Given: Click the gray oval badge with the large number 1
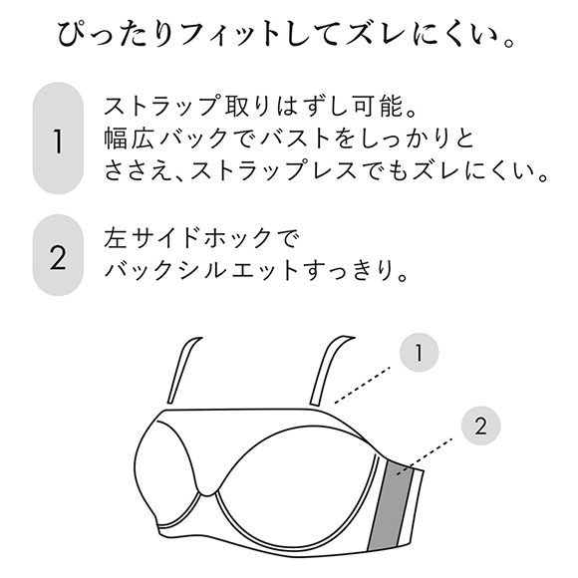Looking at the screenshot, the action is [58, 139].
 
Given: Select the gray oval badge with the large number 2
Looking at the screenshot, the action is [58, 255].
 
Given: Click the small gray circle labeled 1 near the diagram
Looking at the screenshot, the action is [420, 353].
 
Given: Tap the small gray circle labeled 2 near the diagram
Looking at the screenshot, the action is [480, 426].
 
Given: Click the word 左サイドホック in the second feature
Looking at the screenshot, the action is [188, 238].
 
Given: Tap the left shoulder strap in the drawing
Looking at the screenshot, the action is [183, 370].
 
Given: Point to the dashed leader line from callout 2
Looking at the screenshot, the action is [425, 456].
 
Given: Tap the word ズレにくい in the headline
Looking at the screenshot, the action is [420, 35].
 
